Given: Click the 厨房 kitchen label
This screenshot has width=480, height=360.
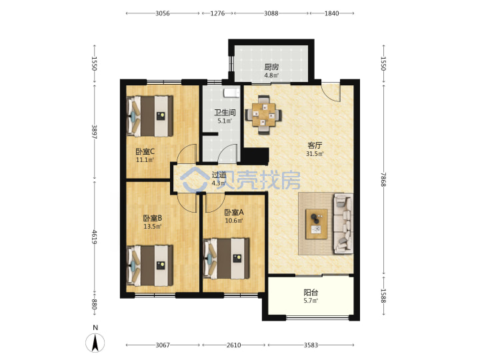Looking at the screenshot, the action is [271, 67].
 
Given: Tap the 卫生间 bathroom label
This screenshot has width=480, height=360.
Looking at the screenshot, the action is [225, 113].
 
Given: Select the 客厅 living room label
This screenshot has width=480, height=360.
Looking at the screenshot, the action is [315, 145].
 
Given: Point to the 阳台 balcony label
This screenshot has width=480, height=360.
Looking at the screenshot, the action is [311, 293].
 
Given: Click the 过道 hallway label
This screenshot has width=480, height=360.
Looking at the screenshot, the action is [219, 175].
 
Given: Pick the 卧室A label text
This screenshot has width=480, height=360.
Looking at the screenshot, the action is [234, 212].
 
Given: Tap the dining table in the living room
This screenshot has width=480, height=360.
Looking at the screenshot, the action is [263, 115].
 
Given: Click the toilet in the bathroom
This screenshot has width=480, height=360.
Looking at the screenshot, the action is [231, 93].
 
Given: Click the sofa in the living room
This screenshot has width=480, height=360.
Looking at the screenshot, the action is [343, 223].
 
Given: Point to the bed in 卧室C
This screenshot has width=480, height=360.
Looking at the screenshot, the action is [150, 116].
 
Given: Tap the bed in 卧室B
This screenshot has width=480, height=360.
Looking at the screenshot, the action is [150, 265].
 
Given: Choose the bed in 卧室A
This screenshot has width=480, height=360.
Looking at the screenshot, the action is [226, 259].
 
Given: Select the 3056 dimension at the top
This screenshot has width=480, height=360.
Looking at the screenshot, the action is [163, 13].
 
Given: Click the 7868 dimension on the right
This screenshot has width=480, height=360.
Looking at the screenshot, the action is [383, 179].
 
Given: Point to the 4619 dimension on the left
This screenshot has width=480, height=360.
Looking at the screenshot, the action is [94, 237].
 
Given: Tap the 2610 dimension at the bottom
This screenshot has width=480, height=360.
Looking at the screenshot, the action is [233, 345].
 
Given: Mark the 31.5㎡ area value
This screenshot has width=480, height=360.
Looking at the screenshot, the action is [315, 154].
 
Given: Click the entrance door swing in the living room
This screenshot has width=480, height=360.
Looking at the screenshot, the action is [331, 92].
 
